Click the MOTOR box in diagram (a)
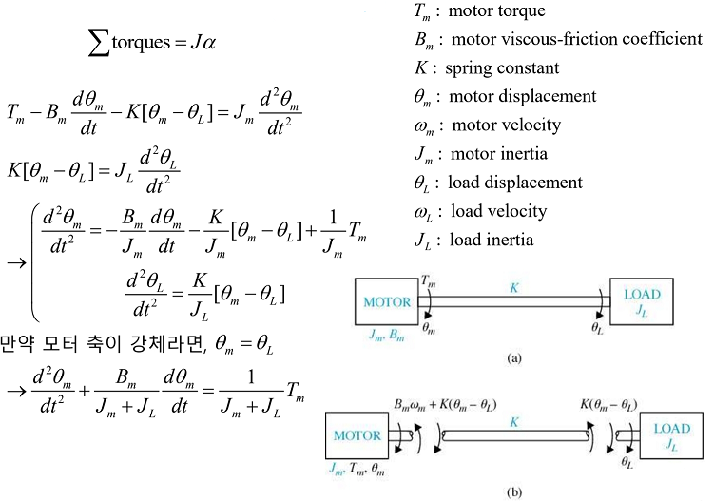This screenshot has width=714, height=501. [384, 303]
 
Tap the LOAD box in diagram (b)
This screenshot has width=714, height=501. [672, 434]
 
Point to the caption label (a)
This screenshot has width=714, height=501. [514, 358]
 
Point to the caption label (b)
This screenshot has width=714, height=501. [514, 493]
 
